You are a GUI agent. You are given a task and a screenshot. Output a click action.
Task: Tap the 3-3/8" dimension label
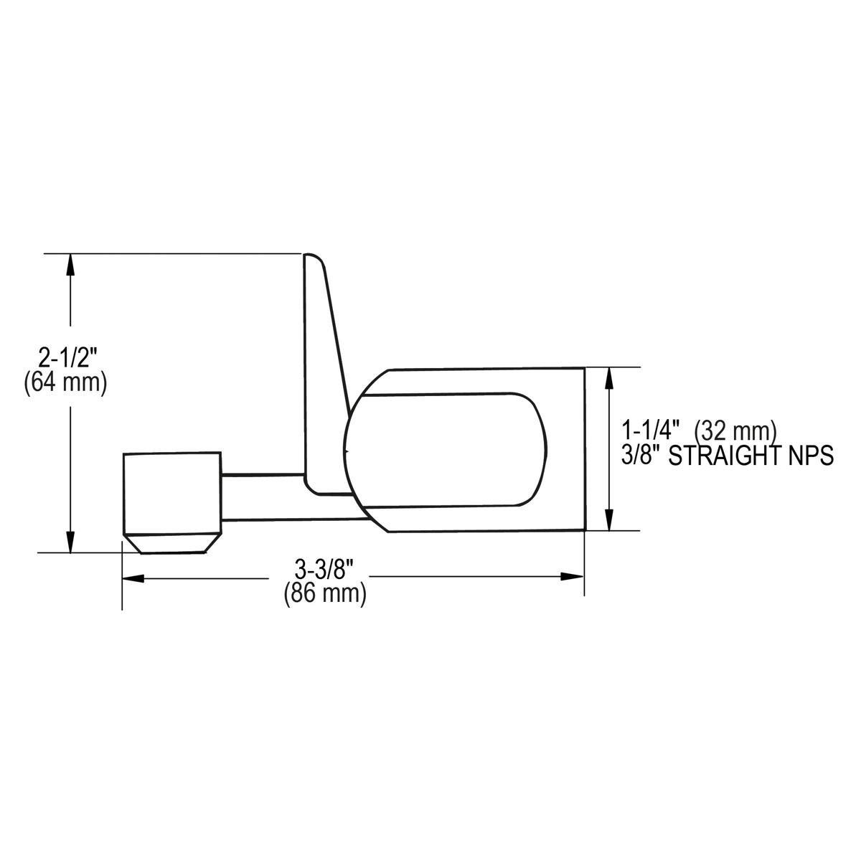(325, 571)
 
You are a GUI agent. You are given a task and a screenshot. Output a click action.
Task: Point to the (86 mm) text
(325, 594)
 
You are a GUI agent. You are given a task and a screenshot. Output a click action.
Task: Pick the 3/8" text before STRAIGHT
(640, 456)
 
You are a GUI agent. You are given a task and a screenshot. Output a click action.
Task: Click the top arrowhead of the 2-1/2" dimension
(70, 265)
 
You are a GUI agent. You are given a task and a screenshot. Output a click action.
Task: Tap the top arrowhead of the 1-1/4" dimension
(609, 378)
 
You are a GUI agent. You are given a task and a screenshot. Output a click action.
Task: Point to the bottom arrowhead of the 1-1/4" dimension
(609, 519)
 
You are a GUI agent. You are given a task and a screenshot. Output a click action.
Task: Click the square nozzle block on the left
(172, 494)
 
